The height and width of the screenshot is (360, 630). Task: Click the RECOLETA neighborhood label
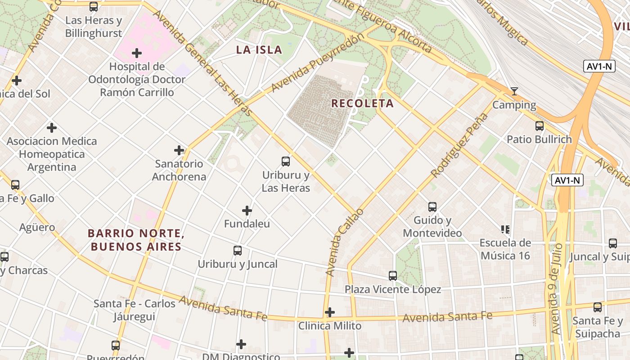coord(362,103)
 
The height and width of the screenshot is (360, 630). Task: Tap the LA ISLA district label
coord(259,50)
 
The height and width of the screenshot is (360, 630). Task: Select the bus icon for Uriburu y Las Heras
coord(286,161)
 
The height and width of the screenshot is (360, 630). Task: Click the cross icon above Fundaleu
coord(247,210)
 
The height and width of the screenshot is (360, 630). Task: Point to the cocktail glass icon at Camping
coord(514,91)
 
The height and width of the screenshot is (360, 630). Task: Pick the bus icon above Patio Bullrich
coord(540,126)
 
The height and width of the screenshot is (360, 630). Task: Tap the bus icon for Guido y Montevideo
coord(432,207)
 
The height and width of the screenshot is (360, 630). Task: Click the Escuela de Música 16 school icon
coord(505,229)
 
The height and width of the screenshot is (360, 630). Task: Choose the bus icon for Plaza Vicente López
coord(393,275)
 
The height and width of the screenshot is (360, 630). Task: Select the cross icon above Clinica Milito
coord(330,312)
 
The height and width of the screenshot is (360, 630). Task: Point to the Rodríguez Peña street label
coord(459,145)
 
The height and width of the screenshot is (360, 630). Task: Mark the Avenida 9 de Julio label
coord(557,288)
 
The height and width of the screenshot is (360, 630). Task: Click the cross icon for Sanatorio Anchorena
coord(179,150)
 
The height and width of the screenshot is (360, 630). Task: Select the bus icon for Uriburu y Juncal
coord(238,251)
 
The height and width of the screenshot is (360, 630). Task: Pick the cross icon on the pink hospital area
coord(137,53)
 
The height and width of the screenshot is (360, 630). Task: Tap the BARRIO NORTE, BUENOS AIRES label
coord(136,240)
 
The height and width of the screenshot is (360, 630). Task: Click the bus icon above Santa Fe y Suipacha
coord(598,307)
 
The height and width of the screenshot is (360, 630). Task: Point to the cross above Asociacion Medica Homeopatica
coord(52,127)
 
